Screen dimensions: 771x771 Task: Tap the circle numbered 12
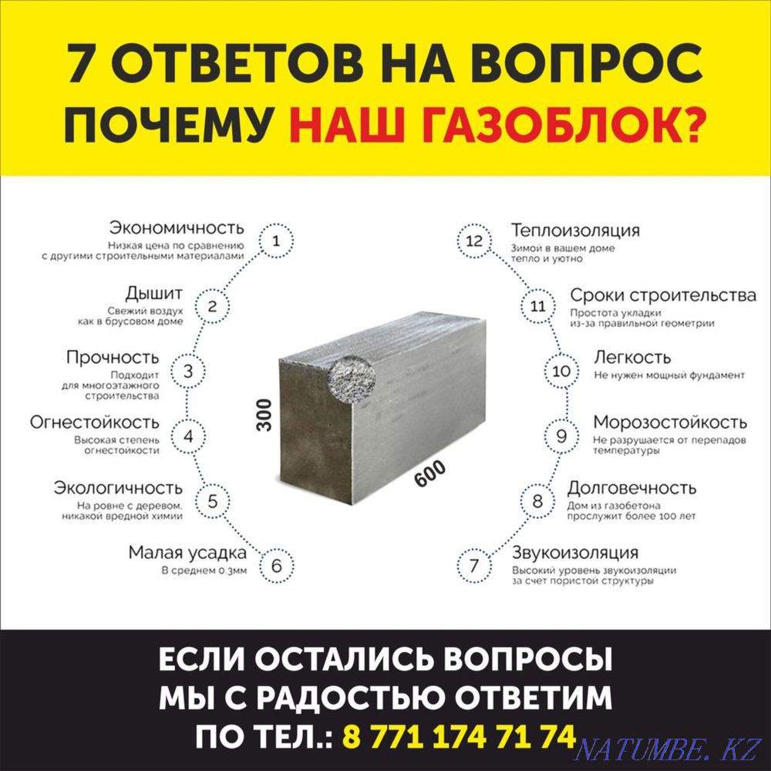click(x=474, y=241)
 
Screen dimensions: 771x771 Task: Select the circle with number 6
click(x=276, y=566)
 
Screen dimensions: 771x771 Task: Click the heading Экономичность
click(x=177, y=228)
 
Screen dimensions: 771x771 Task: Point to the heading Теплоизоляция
click(x=575, y=231)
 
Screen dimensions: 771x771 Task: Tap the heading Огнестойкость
click(x=95, y=423)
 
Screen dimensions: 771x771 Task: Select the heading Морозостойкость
click(x=669, y=423)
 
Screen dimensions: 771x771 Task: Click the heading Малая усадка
click(x=187, y=553)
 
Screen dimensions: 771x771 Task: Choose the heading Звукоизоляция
click(x=575, y=553)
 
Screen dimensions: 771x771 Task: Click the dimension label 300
click(x=264, y=414)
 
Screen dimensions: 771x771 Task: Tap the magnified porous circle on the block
click(x=352, y=375)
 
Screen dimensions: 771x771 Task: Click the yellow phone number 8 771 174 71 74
click(x=458, y=737)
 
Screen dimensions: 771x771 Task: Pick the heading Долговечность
click(x=631, y=488)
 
